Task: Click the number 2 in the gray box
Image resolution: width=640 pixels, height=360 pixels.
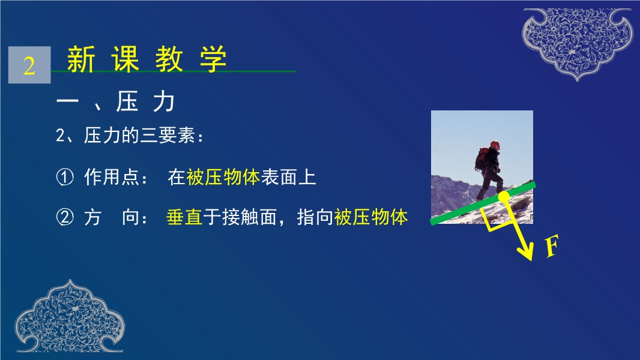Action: click(29, 65)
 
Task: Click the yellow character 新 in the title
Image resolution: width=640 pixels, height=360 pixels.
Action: click(81, 59)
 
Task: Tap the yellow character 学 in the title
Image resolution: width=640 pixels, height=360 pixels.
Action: click(214, 59)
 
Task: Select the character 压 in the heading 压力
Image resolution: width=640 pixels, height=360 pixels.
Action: click(127, 101)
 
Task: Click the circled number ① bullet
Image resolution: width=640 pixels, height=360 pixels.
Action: click(64, 178)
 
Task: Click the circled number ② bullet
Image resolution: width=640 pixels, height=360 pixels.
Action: click(64, 217)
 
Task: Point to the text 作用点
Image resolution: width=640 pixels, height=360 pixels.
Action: click(112, 178)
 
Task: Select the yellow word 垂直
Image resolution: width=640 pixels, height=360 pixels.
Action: click(184, 217)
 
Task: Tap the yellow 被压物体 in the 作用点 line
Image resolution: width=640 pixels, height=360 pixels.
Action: click(223, 178)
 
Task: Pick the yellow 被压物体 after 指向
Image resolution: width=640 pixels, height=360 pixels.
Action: click(371, 217)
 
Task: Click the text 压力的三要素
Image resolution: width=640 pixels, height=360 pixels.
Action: click(139, 136)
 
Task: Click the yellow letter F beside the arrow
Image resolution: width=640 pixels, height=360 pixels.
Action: click(552, 246)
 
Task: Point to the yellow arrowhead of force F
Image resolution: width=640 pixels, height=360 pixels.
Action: click(526, 251)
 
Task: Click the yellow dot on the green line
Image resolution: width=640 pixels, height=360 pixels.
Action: click(504, 197)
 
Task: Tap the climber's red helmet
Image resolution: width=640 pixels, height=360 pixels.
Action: click(495, 144)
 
